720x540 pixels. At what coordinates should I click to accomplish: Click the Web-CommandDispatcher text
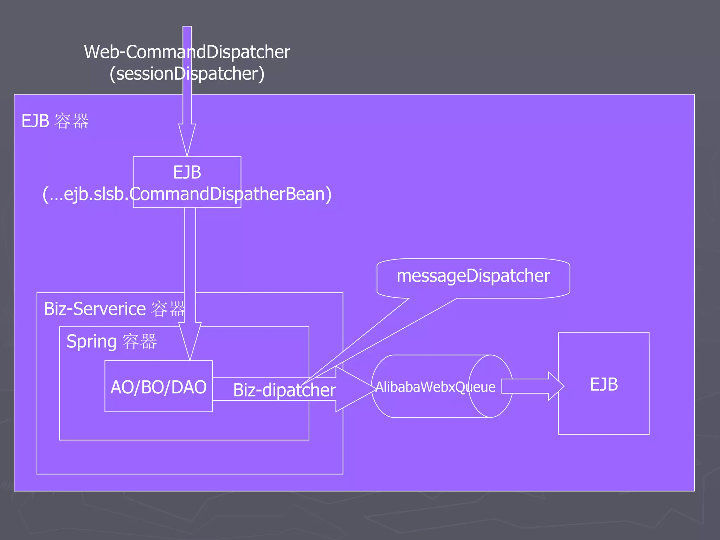pos(187,52)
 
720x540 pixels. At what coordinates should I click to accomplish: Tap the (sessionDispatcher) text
pos(187,74)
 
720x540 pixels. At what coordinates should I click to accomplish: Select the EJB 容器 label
pos(55,121)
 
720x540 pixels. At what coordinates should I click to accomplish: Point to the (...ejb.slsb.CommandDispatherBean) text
pos(187,194)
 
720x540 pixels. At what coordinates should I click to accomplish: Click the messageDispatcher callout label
pos(473,276)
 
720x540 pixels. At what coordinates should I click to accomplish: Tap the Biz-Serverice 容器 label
pos(114,309)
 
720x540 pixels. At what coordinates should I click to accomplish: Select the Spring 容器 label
pos(111,341)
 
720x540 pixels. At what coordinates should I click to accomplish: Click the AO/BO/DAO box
pos(159,386)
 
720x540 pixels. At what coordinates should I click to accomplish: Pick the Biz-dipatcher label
pos(284,390)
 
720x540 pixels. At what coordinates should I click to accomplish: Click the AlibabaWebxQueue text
pos(435,387)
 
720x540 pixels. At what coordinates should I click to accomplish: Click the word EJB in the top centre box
pos(187,173)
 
